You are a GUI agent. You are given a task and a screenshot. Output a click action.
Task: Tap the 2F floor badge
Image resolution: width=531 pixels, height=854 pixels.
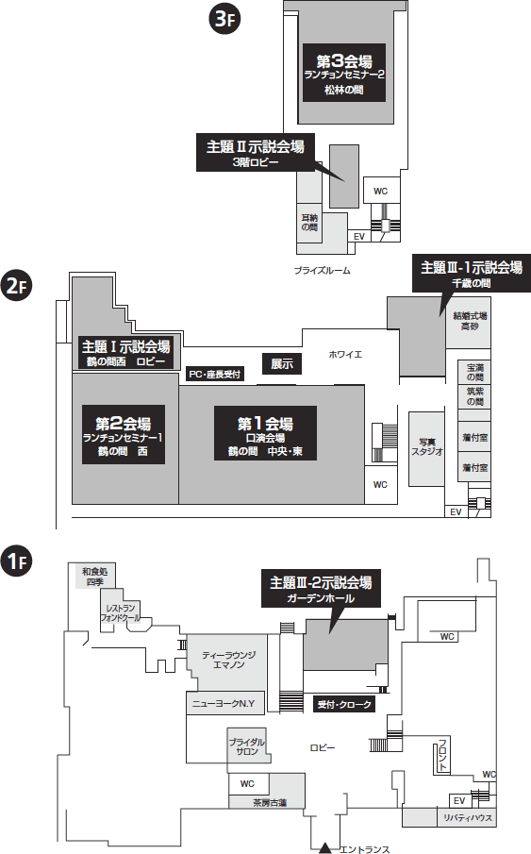click(17, 287)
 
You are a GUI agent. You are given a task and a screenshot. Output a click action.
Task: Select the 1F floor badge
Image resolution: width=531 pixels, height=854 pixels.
click(17, 561)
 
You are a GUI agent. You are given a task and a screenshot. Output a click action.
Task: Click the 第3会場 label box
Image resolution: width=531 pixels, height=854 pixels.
click(344, 73)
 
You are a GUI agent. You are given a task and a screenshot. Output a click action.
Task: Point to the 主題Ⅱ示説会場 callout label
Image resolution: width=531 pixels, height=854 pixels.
click(256, 153)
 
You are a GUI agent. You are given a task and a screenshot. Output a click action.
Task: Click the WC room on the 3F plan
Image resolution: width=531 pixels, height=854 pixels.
click(381, 191)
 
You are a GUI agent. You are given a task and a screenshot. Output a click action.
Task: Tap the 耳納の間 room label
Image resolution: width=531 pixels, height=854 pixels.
click(309, 222)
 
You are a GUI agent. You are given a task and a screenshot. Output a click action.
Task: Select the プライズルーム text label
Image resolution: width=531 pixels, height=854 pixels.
click(323, 270)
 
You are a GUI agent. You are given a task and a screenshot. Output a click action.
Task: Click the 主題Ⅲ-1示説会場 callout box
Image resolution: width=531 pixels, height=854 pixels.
click(472, 273)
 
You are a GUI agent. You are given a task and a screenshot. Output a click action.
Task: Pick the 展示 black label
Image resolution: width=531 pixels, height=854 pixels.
click(282, 364)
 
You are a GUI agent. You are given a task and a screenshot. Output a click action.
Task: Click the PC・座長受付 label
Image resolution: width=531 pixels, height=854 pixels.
click(214, 375)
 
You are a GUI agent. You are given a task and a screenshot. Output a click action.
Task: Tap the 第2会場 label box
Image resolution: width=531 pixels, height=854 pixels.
click(124, 435)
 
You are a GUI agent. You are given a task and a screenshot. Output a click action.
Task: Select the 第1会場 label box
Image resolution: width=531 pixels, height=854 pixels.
click(265, 433)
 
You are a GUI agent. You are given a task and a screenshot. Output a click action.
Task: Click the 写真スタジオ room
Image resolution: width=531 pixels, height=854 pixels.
click(427, 449)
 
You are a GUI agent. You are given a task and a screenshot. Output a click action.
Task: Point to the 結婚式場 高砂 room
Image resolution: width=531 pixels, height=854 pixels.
click(470, 323)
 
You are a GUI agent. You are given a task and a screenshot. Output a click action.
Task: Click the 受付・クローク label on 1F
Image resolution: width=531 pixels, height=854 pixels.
click(344, 704)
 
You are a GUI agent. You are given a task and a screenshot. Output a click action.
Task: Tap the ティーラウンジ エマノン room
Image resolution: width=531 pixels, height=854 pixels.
click(228, 661)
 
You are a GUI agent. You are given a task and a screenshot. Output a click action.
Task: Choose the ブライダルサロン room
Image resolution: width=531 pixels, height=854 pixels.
click(247, 745)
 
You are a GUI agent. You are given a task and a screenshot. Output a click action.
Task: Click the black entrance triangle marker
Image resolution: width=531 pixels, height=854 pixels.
click(325, 847)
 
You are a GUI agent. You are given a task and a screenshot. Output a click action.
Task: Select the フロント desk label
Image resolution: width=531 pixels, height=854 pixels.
click(442, 757)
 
